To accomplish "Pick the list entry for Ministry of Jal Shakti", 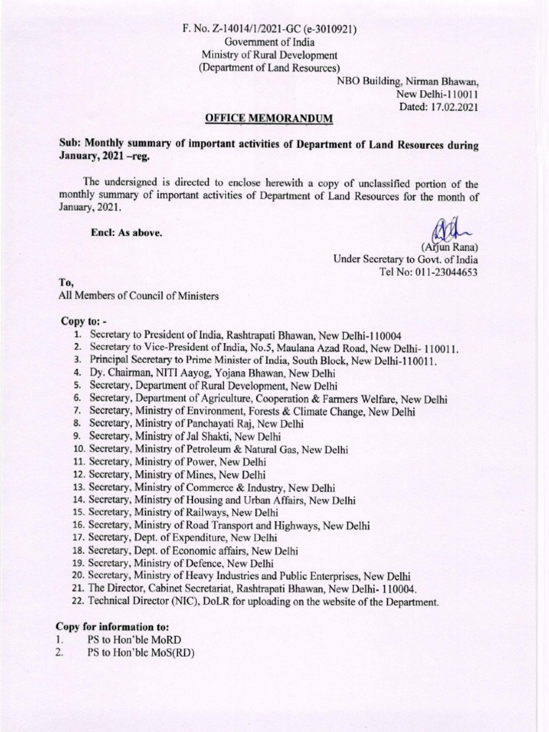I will (x=185, y=436).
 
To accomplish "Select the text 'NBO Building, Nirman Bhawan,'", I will (x=407, y=81).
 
